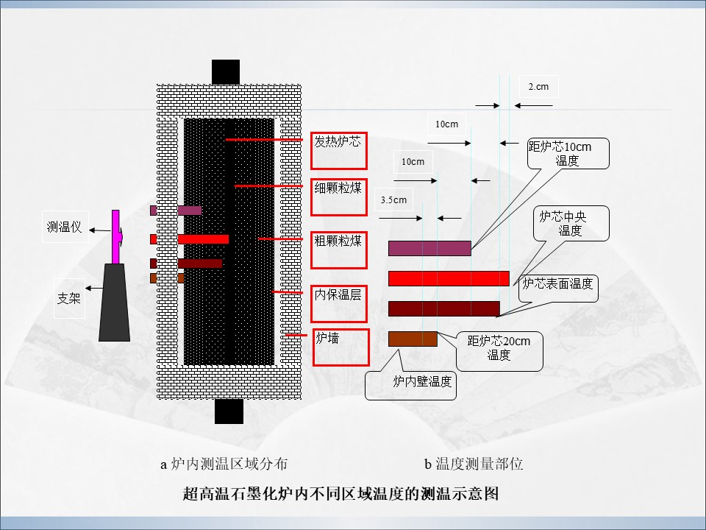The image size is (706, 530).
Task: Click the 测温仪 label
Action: (65, 227)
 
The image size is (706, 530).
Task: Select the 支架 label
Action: (69, 298)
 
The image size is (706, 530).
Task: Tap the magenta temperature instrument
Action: (116, 236)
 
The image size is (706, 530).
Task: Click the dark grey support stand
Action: (115, 302)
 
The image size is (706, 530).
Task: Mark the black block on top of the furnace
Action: (226, 71)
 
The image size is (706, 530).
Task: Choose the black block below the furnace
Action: (229, 411)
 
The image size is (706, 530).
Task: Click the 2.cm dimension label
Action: (538, 87)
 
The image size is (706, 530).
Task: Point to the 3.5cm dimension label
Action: (393, 199)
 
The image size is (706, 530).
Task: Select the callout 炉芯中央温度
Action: (571, 224)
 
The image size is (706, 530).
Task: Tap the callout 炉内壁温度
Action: (410, 385)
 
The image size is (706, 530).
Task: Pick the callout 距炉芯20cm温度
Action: (499, 352)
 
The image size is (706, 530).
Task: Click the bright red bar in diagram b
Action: (449, 278)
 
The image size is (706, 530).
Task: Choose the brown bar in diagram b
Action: (413, 339)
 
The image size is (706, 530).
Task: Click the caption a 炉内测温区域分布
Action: (224, 464)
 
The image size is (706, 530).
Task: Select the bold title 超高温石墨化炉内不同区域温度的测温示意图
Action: (340, 493)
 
